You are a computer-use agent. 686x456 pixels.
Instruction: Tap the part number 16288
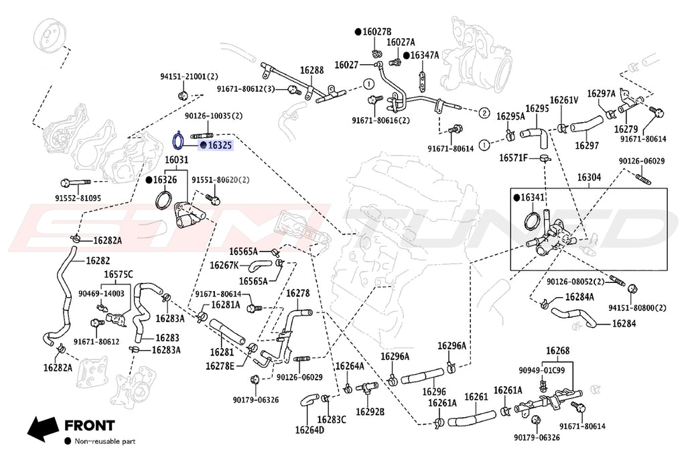(312, 70)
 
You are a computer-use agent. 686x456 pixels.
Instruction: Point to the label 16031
(176, 160)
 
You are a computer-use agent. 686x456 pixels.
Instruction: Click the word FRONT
(90, 425)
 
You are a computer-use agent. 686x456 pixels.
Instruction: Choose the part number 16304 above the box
(589, 177)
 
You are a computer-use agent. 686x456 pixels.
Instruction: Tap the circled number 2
(484, 113)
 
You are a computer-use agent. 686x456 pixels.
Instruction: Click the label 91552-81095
(78, 198)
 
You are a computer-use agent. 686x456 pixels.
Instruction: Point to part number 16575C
(118, 274)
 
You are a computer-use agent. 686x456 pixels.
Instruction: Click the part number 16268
(557, 351)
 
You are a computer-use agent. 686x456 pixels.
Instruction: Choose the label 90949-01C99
(541, 369)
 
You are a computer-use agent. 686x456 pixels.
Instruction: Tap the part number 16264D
(310, 430)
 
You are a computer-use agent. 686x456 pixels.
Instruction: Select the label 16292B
(370, 412)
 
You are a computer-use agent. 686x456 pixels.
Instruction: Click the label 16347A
(424, 55)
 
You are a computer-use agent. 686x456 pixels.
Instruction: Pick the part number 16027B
(376, 32)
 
